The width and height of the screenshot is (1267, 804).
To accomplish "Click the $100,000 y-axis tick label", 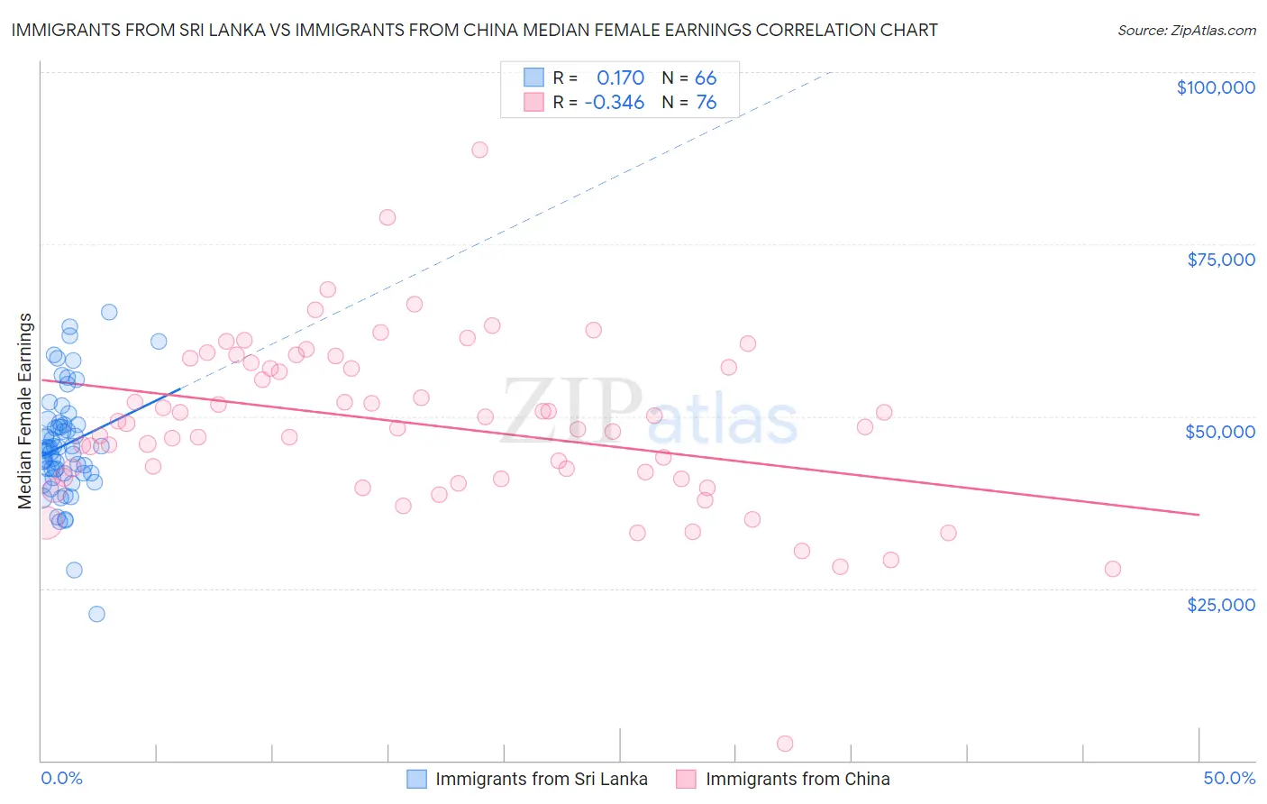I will click(1216, 87).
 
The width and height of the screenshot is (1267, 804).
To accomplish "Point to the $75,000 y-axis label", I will click(1221, 260).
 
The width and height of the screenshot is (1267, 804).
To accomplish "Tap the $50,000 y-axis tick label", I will click(1220, 432).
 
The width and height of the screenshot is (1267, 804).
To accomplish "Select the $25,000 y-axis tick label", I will click(1221, 604).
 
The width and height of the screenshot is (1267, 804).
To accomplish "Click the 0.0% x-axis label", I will click(61, 778).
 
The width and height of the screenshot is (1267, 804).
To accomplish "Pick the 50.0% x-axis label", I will click(1229, 778).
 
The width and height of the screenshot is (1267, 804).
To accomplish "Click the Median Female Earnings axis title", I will click(25, 411).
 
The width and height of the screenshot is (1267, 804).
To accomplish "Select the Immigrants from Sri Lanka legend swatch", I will click(416, 779).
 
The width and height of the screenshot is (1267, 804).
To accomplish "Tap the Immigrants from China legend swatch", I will click(687, 779).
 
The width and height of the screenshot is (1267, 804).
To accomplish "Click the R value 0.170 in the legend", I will click(620, 78).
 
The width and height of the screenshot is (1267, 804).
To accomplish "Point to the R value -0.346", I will click(615, 102).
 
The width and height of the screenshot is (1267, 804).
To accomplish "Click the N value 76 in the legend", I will click(706, 102).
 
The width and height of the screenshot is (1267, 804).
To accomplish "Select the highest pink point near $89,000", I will click(479, 150).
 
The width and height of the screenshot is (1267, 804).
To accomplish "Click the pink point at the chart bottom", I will click(785, 744).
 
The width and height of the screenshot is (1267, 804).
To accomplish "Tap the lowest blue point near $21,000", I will click(96, 614).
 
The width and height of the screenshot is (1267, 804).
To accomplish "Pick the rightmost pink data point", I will click(1113, 569).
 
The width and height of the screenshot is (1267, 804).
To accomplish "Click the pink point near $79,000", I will click(387, 217).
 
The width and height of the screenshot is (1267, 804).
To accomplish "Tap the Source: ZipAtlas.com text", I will click(1186, 30).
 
